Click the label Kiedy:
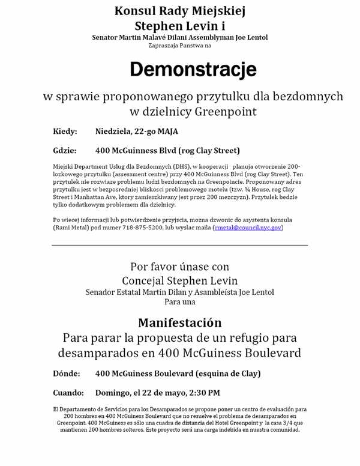(65, 132)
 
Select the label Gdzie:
(65, 150)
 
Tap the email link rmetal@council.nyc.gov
(247, 228)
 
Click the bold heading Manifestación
(179, 322)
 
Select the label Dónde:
(67, 374)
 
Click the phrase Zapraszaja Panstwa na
(179, 45)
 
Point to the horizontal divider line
(179, 244)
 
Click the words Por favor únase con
(179, 266)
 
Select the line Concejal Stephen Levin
(179, 280)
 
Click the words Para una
(179, 301)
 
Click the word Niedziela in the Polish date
(114, 132)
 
